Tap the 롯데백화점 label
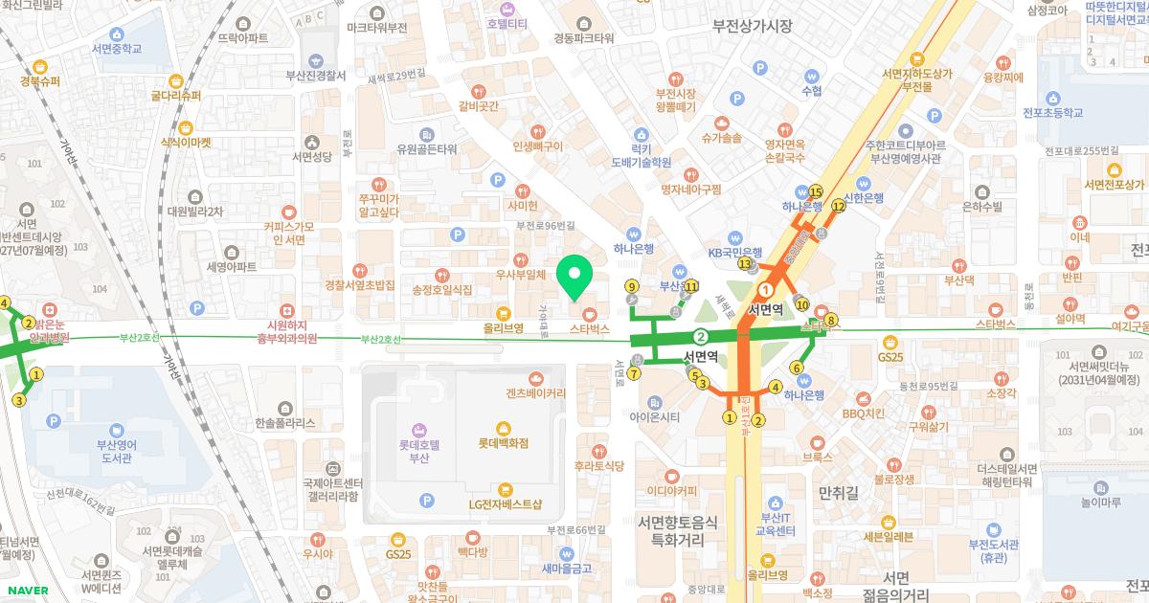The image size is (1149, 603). click(504, 443)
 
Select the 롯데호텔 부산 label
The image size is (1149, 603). click(418, 451)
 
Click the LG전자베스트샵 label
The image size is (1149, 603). click(505, 503)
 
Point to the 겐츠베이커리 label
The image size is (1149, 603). click(535, 392)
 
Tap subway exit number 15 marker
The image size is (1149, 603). click(816, 190)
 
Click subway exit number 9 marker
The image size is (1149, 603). click(631, 285)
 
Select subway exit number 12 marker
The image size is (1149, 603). click(838, 205)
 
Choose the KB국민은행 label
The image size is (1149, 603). click(734, 253)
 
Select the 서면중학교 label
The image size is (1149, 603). click(117, 48)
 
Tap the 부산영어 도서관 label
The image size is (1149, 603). click(117, 450)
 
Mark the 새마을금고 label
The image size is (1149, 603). click(567, 568)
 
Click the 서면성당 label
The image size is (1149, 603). click(311, 156)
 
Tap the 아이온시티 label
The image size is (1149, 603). click(655, 416)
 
